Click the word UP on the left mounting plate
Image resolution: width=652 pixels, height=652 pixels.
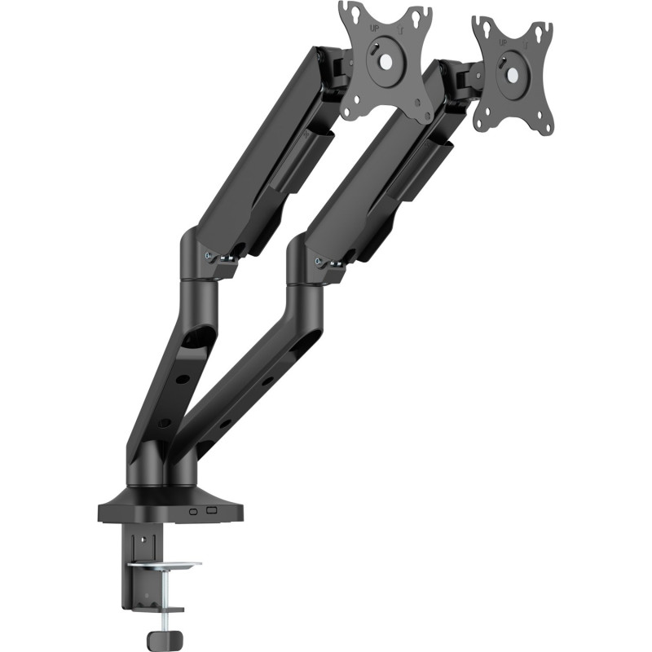[x=376, y=28]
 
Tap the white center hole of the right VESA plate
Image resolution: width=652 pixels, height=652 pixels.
[x=513, y=72]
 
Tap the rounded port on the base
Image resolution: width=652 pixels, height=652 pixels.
[x=194, y=513]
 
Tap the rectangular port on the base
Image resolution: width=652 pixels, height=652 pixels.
[x=213, y=511]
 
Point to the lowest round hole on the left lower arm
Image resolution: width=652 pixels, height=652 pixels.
[x=165, y=422]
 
